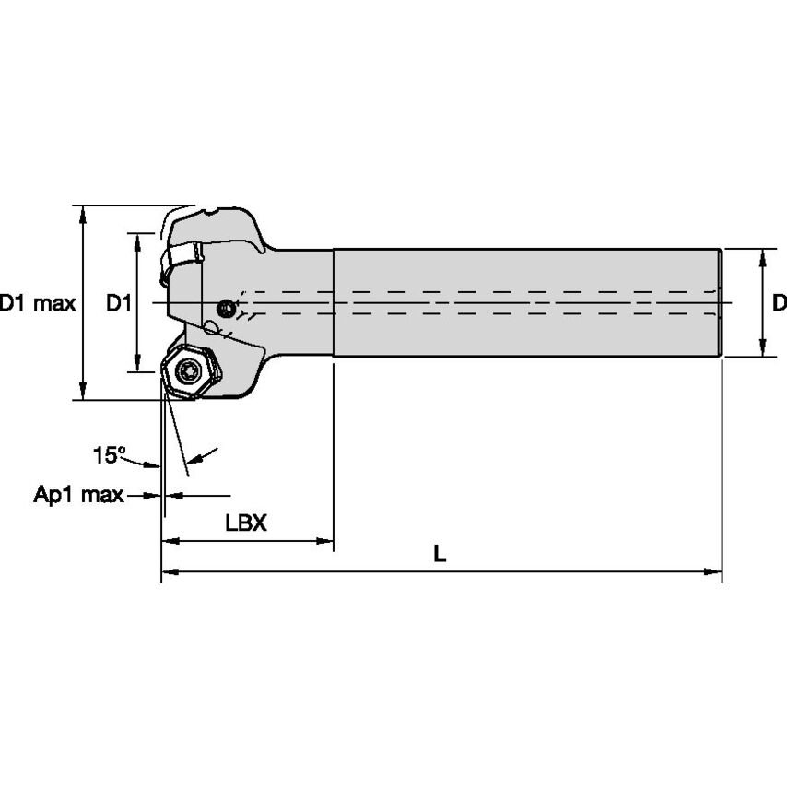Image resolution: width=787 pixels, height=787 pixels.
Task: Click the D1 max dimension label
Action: click(x=38, y=303)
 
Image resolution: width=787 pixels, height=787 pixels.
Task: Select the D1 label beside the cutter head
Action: click(x=118, y=303)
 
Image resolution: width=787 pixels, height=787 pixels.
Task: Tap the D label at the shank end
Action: click(x=779, y=302)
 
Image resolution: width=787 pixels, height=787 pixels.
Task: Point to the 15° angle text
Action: click(x=109, y=454)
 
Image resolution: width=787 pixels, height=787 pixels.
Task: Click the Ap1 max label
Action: click(x=78, y=496)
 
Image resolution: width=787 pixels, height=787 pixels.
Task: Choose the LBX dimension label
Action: click(x=246, y=523)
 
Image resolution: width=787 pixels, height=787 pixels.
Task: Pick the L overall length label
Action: click(x=440, y=554)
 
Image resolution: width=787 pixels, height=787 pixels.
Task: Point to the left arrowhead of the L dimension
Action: click(x=169, y=572)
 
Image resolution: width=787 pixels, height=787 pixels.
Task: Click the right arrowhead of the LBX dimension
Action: click(x=326, y=541)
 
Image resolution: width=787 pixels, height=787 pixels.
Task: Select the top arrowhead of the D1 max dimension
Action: click(x=84, y=213)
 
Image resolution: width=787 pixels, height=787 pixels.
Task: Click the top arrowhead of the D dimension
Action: click(x=763, y=255)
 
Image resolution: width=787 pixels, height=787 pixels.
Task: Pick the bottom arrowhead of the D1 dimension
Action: click(x=138, y=364)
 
